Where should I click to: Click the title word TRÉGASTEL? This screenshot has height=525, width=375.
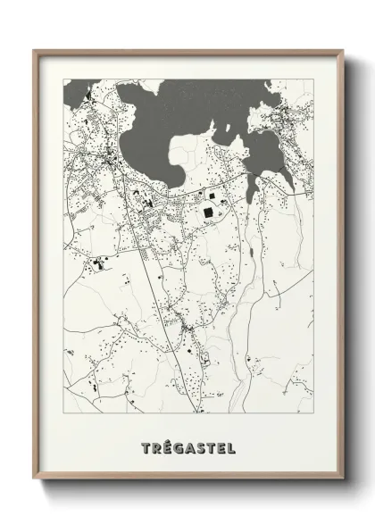187,446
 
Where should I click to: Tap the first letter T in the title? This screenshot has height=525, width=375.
146,446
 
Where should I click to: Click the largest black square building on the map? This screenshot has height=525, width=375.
208,212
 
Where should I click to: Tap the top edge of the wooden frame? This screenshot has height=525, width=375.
187,52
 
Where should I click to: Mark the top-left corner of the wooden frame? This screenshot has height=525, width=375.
36,52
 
